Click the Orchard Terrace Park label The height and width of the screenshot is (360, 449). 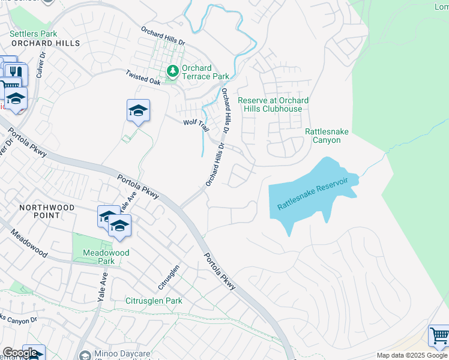click(x=205, y=72)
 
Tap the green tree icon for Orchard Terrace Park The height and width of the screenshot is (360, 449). click(x=173, y=72)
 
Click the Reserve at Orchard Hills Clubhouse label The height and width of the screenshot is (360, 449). click(x=273, y=104)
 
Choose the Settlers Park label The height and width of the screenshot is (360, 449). click(x=34, y=34)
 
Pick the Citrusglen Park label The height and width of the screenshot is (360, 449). click(x=153, y=300)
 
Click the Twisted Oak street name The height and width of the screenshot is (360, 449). click(x=144, y=77)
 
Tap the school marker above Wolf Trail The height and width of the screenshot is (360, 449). click(x=138, y=111)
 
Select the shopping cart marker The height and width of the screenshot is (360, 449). click(x=439, y=336)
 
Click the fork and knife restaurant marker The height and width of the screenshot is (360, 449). click(x=16, y=73)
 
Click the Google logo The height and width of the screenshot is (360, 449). click(x=20, y=353)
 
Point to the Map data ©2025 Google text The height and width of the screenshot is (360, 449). click(x=412, y=355)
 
